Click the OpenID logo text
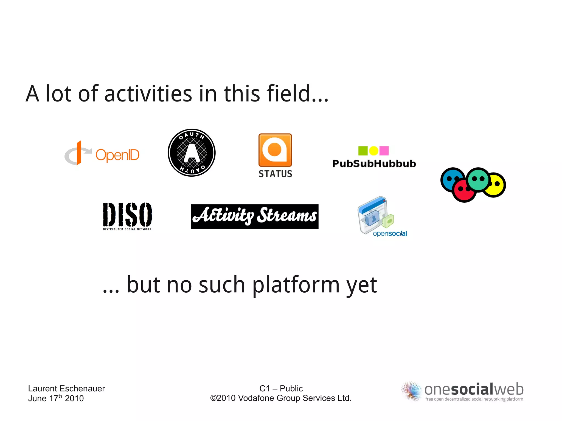click(117, 155)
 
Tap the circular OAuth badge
click(192, 153)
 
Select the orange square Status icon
click(275, 150)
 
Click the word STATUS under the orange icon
click(275, 174)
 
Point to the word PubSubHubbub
click(374, 164)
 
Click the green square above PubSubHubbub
click(363, 151)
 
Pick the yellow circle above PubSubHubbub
click(373, 151)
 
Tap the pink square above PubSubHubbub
click(384, 151)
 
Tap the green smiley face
click(478, 179)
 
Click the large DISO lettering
click(127, 214)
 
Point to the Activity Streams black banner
click(255, 217)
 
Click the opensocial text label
click(390, 234)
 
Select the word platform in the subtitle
click(296, 285)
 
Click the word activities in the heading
click(148, 94)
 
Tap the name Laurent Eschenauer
click(66, 388)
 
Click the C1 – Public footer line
click(281, 388)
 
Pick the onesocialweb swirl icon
click(411, 391)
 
